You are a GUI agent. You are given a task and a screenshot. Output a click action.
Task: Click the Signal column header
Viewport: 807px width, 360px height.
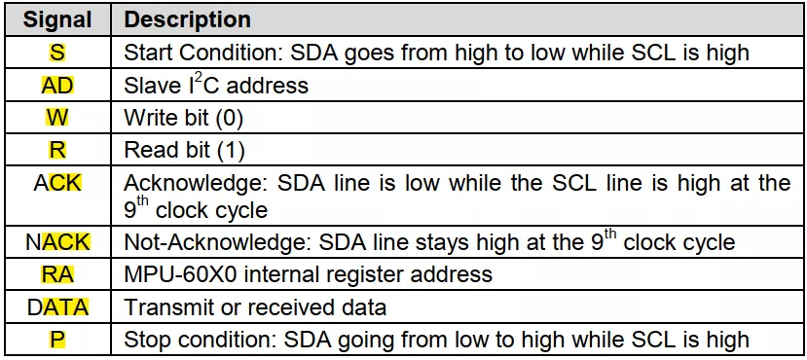[x=58, y=19]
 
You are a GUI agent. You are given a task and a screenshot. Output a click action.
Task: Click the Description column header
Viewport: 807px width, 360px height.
[x=187, y=19]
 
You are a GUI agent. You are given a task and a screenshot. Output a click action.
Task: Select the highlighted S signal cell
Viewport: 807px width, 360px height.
[x=58, y=52]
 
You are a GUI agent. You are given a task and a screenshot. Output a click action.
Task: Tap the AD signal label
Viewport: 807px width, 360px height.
[x=58, y=85]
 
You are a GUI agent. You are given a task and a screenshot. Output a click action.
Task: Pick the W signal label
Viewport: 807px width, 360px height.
[x=58, y=118]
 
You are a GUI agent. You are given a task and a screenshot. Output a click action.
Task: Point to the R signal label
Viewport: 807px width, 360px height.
[x=58, y=150]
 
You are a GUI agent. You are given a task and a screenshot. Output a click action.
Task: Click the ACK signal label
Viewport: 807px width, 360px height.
[x=58, y=183]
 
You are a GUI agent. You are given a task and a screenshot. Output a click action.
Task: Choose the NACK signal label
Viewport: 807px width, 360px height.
[x=58, y=241]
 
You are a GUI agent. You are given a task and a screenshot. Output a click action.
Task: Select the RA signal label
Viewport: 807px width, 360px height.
[x=58, y=274]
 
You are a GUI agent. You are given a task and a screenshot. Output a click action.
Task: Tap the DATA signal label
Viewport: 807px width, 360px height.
[x=58, y=307]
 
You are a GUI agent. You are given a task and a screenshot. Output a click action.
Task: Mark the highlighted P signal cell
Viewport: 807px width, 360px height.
[x=58, y=340]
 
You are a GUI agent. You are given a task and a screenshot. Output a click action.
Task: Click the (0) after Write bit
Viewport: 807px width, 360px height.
[x=230, y=118]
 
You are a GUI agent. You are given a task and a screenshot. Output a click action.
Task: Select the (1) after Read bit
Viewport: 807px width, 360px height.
[x=231, y=151]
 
